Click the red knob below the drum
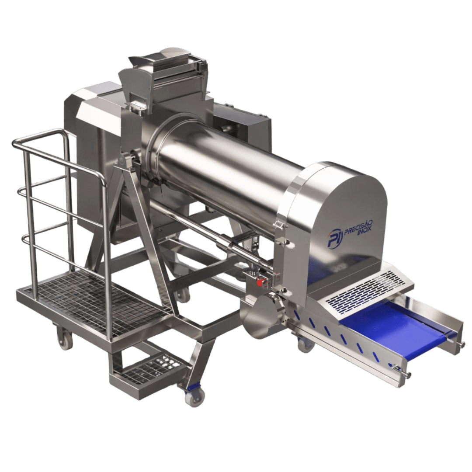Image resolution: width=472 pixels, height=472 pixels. coord(263,282)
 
